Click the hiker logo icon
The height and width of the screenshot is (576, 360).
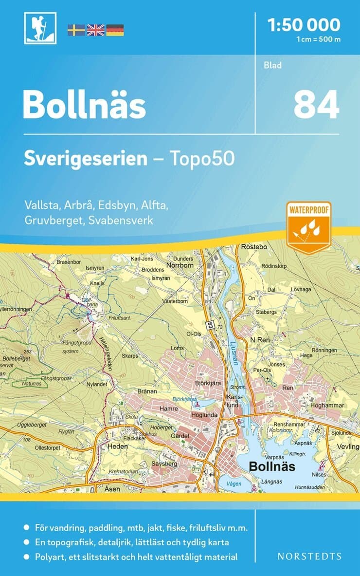coord(40,28)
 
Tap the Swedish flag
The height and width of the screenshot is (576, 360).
coord(76,30)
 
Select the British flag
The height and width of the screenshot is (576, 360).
coord(95,30)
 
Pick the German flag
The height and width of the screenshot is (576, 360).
coord(115,30)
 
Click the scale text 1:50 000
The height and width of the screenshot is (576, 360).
coord(304,25)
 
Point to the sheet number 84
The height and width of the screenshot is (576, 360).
coord(316,106)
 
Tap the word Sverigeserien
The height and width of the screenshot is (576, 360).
coord(86,159)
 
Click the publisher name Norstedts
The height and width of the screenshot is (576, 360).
coord(309,556)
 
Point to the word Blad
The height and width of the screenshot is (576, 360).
coord(273,65)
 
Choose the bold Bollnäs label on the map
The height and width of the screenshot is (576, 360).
coord(272,466)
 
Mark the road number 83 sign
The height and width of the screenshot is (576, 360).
coord(210,325)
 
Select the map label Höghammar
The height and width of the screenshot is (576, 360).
coord(327,405)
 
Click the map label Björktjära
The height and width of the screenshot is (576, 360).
coord(209,384)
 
